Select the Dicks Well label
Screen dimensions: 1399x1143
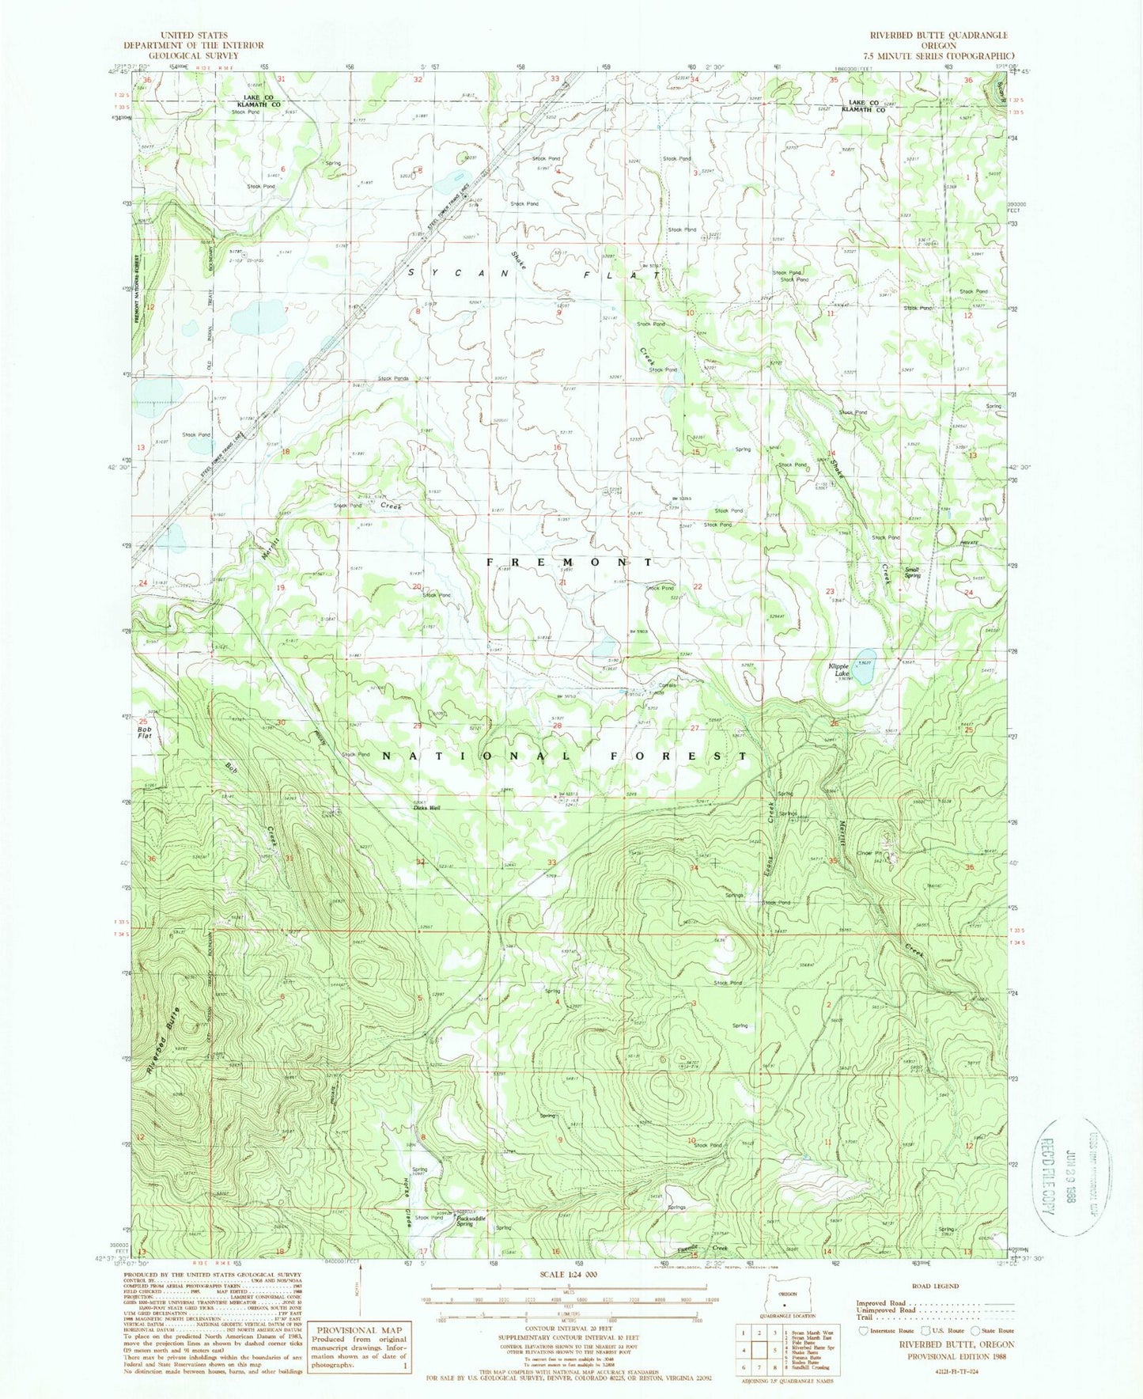427,808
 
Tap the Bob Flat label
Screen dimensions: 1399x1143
145,732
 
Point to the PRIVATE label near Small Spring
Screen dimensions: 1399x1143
970,543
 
